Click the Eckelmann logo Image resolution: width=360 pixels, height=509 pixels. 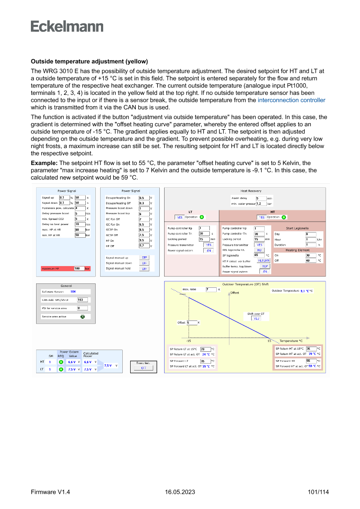point(67,27)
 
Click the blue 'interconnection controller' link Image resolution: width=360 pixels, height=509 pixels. point(291,100)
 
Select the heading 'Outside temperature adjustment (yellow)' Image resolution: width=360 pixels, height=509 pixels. point(89,61)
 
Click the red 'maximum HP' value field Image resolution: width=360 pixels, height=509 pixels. point(79,269)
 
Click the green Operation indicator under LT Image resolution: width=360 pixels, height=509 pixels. point(202,217)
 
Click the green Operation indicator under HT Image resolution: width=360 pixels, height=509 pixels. point(284,217)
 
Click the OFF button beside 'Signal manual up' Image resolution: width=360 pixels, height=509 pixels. point(144,257)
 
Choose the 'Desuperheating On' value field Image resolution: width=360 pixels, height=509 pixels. point(143,198)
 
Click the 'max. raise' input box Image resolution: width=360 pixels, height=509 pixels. point(211,289)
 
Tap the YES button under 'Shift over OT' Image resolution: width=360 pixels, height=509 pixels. point(256,318)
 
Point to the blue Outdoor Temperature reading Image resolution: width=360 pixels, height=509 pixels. point(306,290)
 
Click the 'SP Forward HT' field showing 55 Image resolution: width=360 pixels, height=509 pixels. point(311,361)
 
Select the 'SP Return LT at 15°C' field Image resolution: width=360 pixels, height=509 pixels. point(205,349)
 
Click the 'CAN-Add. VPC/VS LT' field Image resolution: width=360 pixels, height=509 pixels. point(82,300)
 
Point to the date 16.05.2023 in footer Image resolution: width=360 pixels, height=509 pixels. point(180,492)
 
